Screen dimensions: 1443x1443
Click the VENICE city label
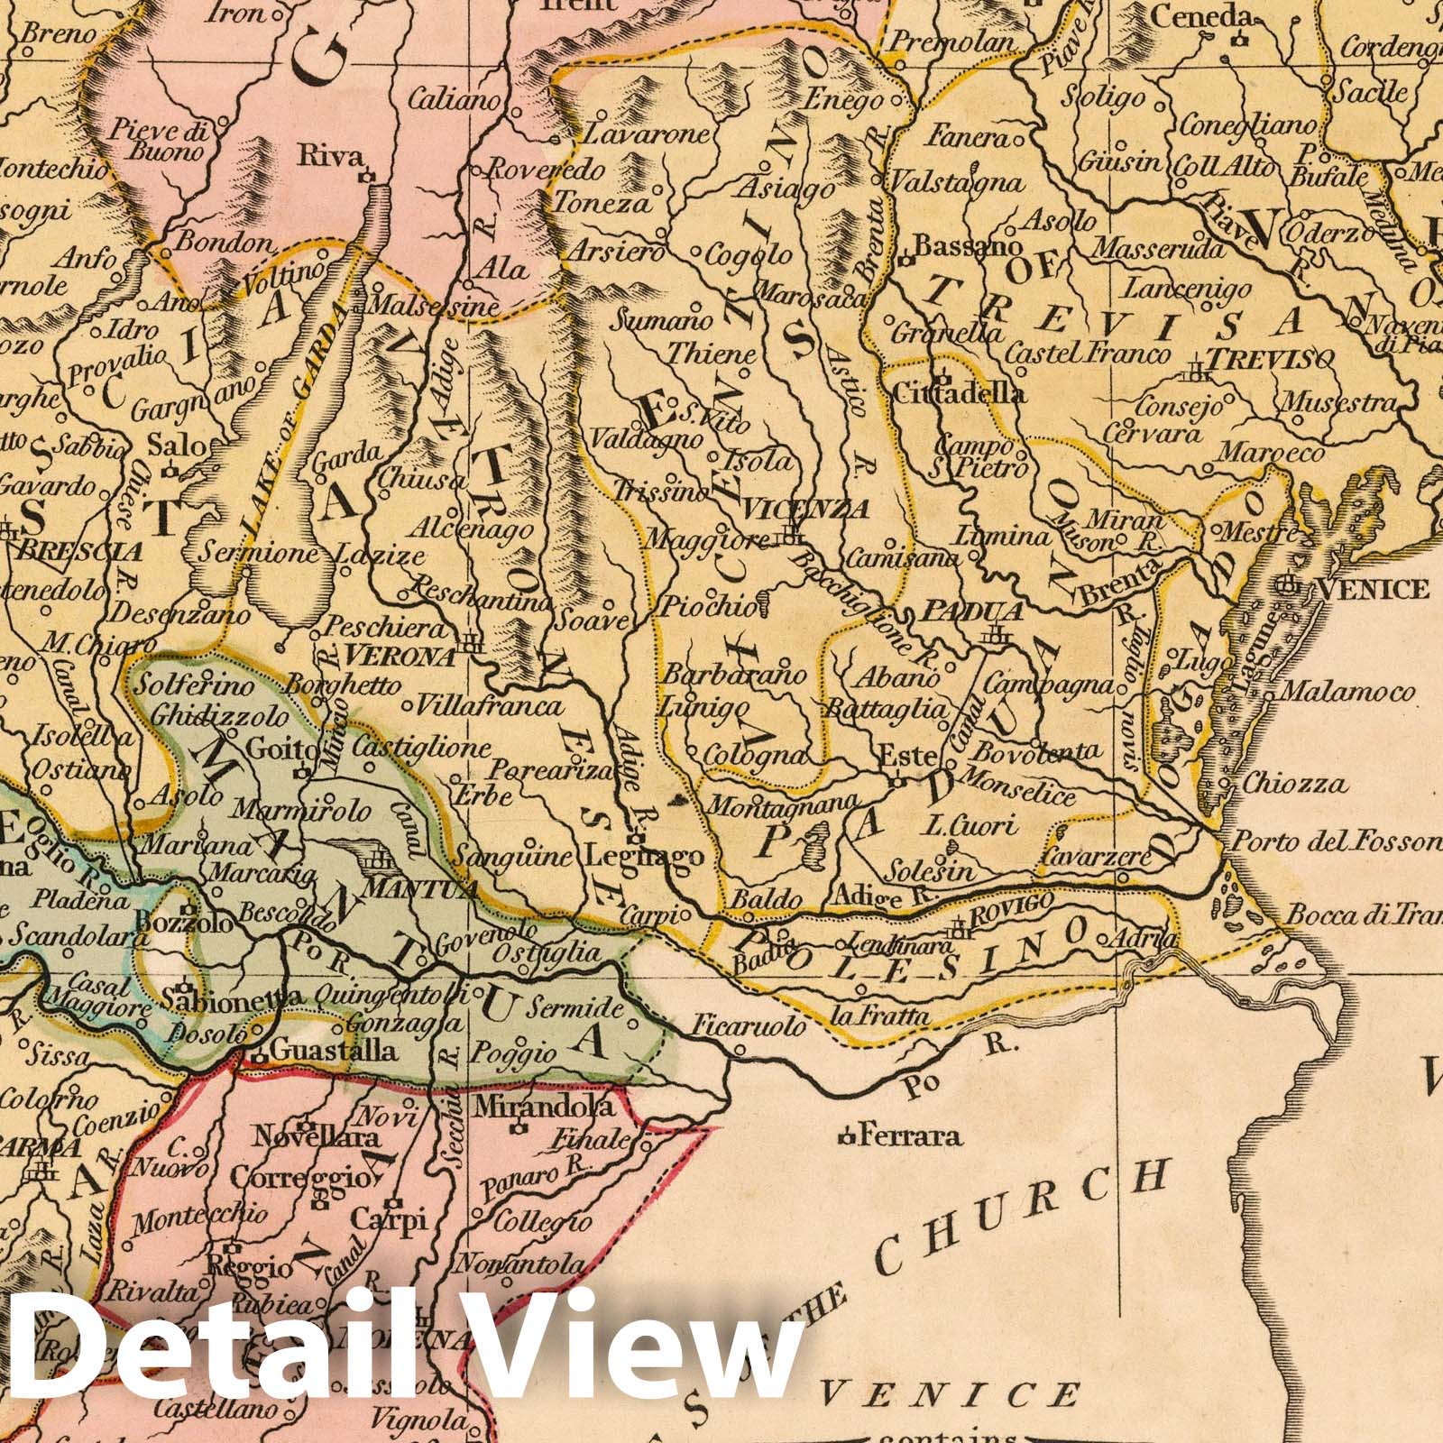pos(1373,589)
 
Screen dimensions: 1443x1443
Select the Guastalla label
pos(334,1051)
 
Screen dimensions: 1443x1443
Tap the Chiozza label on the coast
pos(1294,783)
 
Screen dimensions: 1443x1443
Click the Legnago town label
pos(644,857)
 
